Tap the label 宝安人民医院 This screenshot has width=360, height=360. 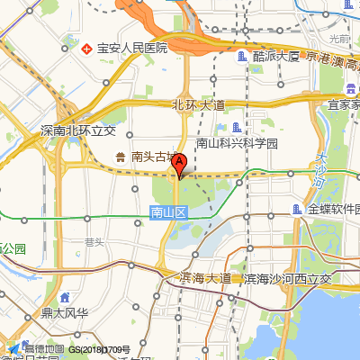pos(132,48)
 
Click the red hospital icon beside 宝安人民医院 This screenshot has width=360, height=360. pos(86,48)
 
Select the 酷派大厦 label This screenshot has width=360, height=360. pos(276,56)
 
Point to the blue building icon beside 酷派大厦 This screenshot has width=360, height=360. pos(241,56)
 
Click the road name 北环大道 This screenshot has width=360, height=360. pos(197,105)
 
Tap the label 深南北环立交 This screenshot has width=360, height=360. pos(79,130)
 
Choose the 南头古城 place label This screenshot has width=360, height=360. pos(156,157)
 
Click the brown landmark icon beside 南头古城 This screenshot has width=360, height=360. pos(121,157)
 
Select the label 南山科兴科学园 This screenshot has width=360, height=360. pos(238,143)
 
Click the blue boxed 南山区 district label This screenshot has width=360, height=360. pos(167,213)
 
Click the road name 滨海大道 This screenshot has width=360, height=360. pos(205,278)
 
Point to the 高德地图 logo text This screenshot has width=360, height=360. pos(43,348)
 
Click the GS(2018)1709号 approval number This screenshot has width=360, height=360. pos(104,349)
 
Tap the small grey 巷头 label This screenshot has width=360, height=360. pos(94,240)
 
